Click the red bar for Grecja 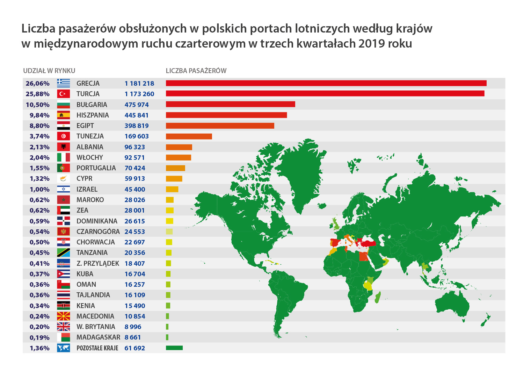click(326, 83)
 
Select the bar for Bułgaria click(230, 104)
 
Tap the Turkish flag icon click(63, 94)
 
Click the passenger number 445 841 click(136, 115)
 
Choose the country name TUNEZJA click(90, 136)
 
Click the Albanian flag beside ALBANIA click(63, 147)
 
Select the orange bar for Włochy click(178, 157)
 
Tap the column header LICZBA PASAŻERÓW click(196, 71)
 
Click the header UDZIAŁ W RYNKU click(49, 71)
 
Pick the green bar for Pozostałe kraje click(174, 348)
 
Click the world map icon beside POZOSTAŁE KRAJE click(63, 348)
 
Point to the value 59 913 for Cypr click(134, 178)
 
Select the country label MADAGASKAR click(98, 337)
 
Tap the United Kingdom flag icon click(63, 327)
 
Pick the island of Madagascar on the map click(378, 298)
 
